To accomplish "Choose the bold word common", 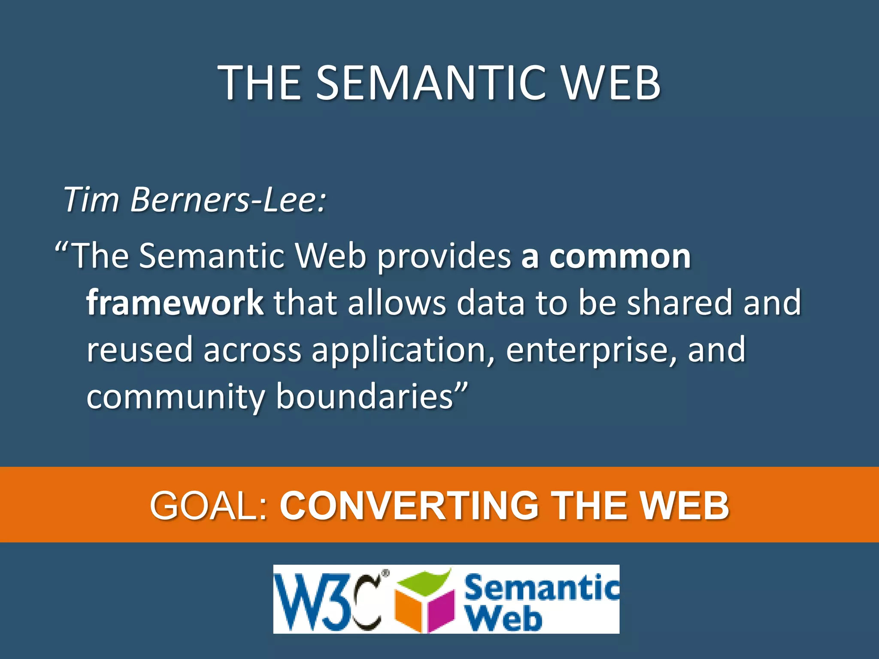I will (x=620, y=257).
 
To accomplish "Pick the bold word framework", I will (x=175, y=302).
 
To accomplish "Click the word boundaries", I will (x=364, y=396).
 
